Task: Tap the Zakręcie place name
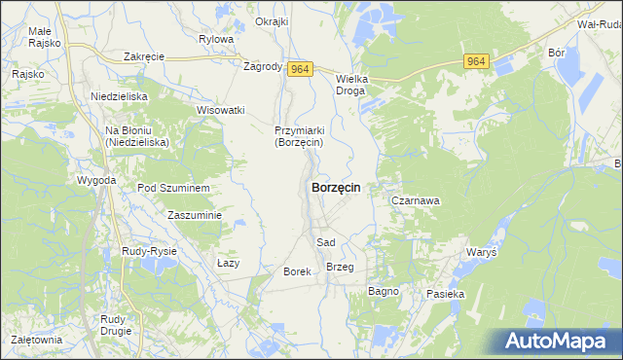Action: (144, 56)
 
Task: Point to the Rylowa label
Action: (216, 39)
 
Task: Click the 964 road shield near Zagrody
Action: (300, 67)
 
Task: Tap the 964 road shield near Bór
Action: (476, 61)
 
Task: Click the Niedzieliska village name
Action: (118, 96)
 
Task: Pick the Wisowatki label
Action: (220, 110)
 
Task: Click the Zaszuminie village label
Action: (195, 215)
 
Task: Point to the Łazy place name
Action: (228, 263)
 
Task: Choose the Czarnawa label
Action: (416, 200)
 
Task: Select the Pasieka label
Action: (446, 293)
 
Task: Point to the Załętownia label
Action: (37, 340)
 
